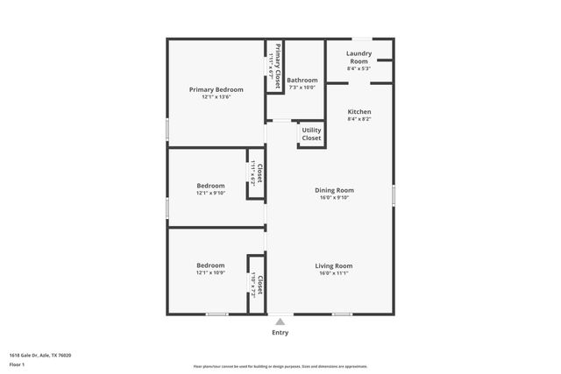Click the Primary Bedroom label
(217, 89)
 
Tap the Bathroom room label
(302, 80)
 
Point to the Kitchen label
(359, 112)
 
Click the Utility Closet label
(311, 134)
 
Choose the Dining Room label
(334, 190)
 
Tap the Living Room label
(334, 265)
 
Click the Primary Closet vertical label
(278, 66)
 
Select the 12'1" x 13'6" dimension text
(217, 97)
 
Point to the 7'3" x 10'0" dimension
(302, 88)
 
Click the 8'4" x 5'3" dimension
(359, 68)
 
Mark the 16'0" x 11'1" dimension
(334, 273)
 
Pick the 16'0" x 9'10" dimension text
(334, 198)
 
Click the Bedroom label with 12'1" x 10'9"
(210, 265)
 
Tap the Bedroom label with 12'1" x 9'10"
(210, 186)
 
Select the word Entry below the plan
(280, 333)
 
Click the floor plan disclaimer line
(280, 366)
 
